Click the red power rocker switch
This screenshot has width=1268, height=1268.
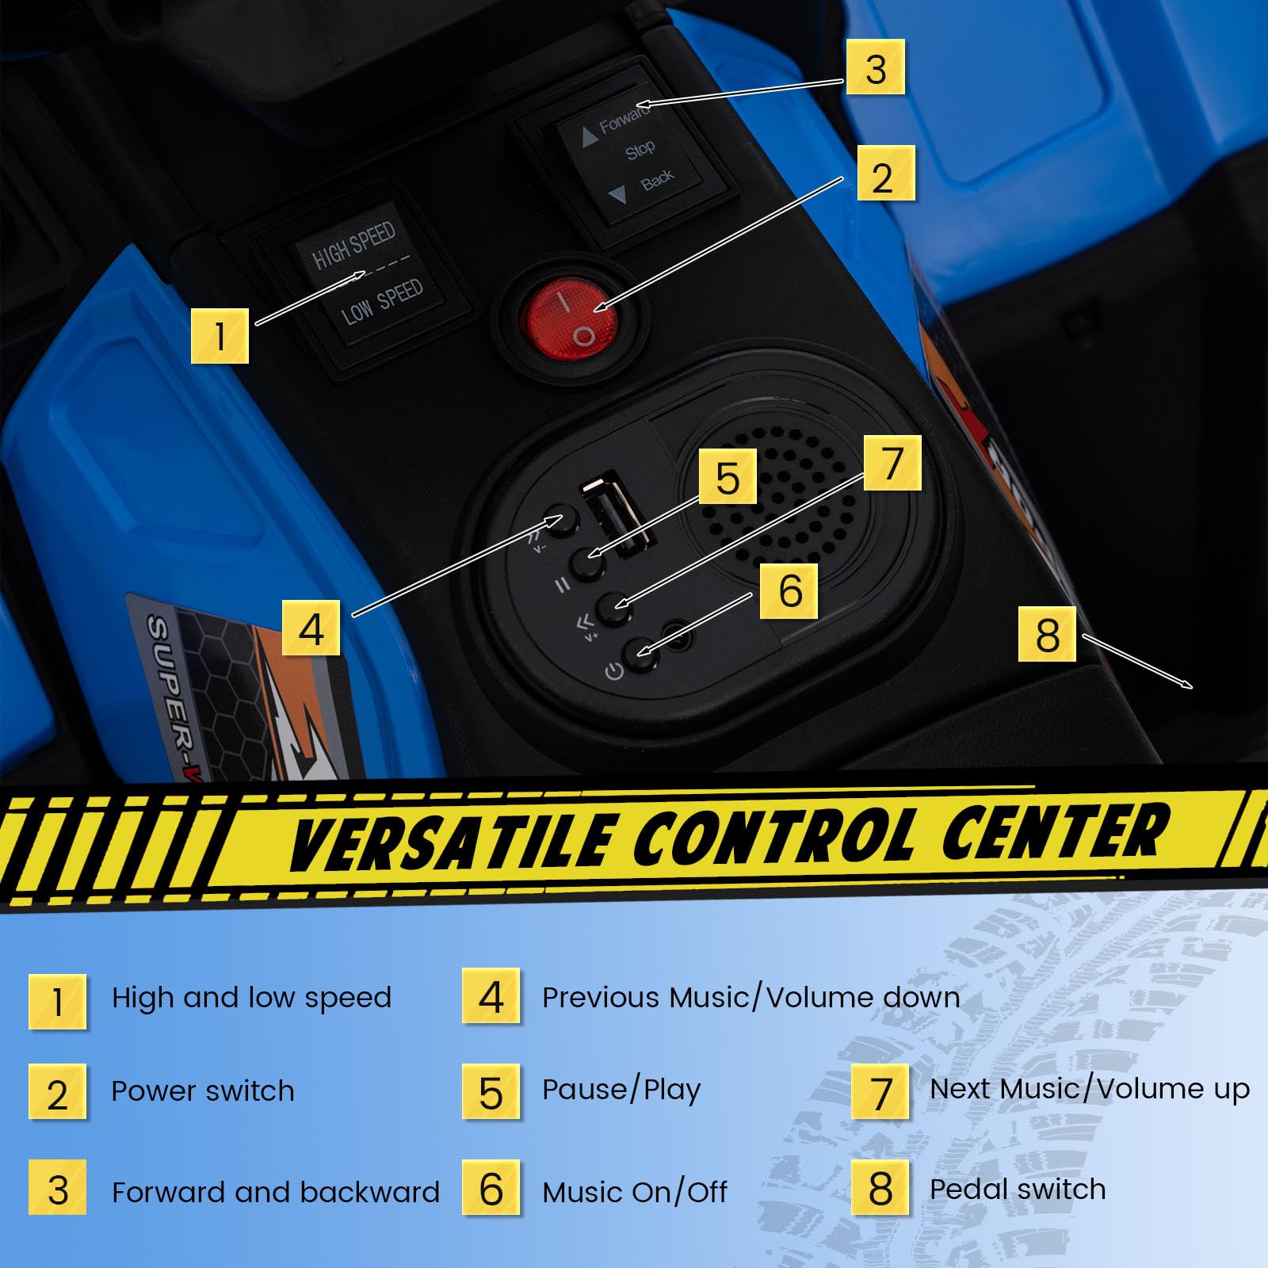tap(570, 318)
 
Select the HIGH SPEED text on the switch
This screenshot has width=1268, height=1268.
tap(353, 245)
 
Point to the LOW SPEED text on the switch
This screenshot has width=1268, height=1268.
tap(382, 302)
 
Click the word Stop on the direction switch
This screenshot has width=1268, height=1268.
tap(640, 149)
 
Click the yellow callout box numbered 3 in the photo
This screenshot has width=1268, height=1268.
tap(875, 67)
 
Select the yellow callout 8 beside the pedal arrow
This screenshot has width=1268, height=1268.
tap(1047, 634)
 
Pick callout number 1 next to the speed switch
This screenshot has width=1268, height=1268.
tap(220, 336)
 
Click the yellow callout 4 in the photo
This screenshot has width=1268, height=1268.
tap(311, 628)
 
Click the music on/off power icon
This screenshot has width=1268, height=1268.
tap(614, 672)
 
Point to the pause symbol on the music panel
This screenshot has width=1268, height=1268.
tap(562, 586)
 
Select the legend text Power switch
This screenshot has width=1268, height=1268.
tap(203, 1091)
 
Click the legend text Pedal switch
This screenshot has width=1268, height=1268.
tap(1018, 1189)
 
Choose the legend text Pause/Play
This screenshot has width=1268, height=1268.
tap(621, 1090)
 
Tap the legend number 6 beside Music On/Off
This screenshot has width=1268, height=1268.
tap(491, 1188)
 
